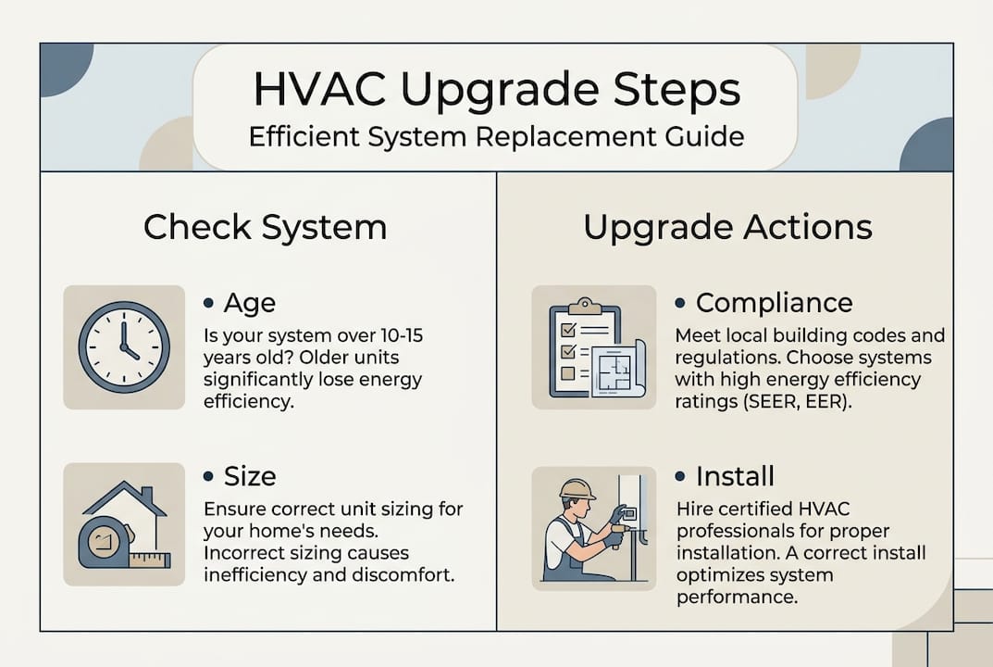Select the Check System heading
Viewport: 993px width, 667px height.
tap(265, 227)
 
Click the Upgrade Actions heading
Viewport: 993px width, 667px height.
tap(727, 227)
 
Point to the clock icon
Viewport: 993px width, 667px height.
tap(124, 346)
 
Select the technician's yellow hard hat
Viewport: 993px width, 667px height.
tap(577, 488)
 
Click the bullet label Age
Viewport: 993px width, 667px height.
tap(250, 303)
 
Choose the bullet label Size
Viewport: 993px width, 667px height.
tap(250, 476)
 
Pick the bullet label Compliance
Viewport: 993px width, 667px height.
tap(774, 303)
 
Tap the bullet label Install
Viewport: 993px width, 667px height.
tap(735, 476)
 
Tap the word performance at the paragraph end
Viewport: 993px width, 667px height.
tap(737, 598)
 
